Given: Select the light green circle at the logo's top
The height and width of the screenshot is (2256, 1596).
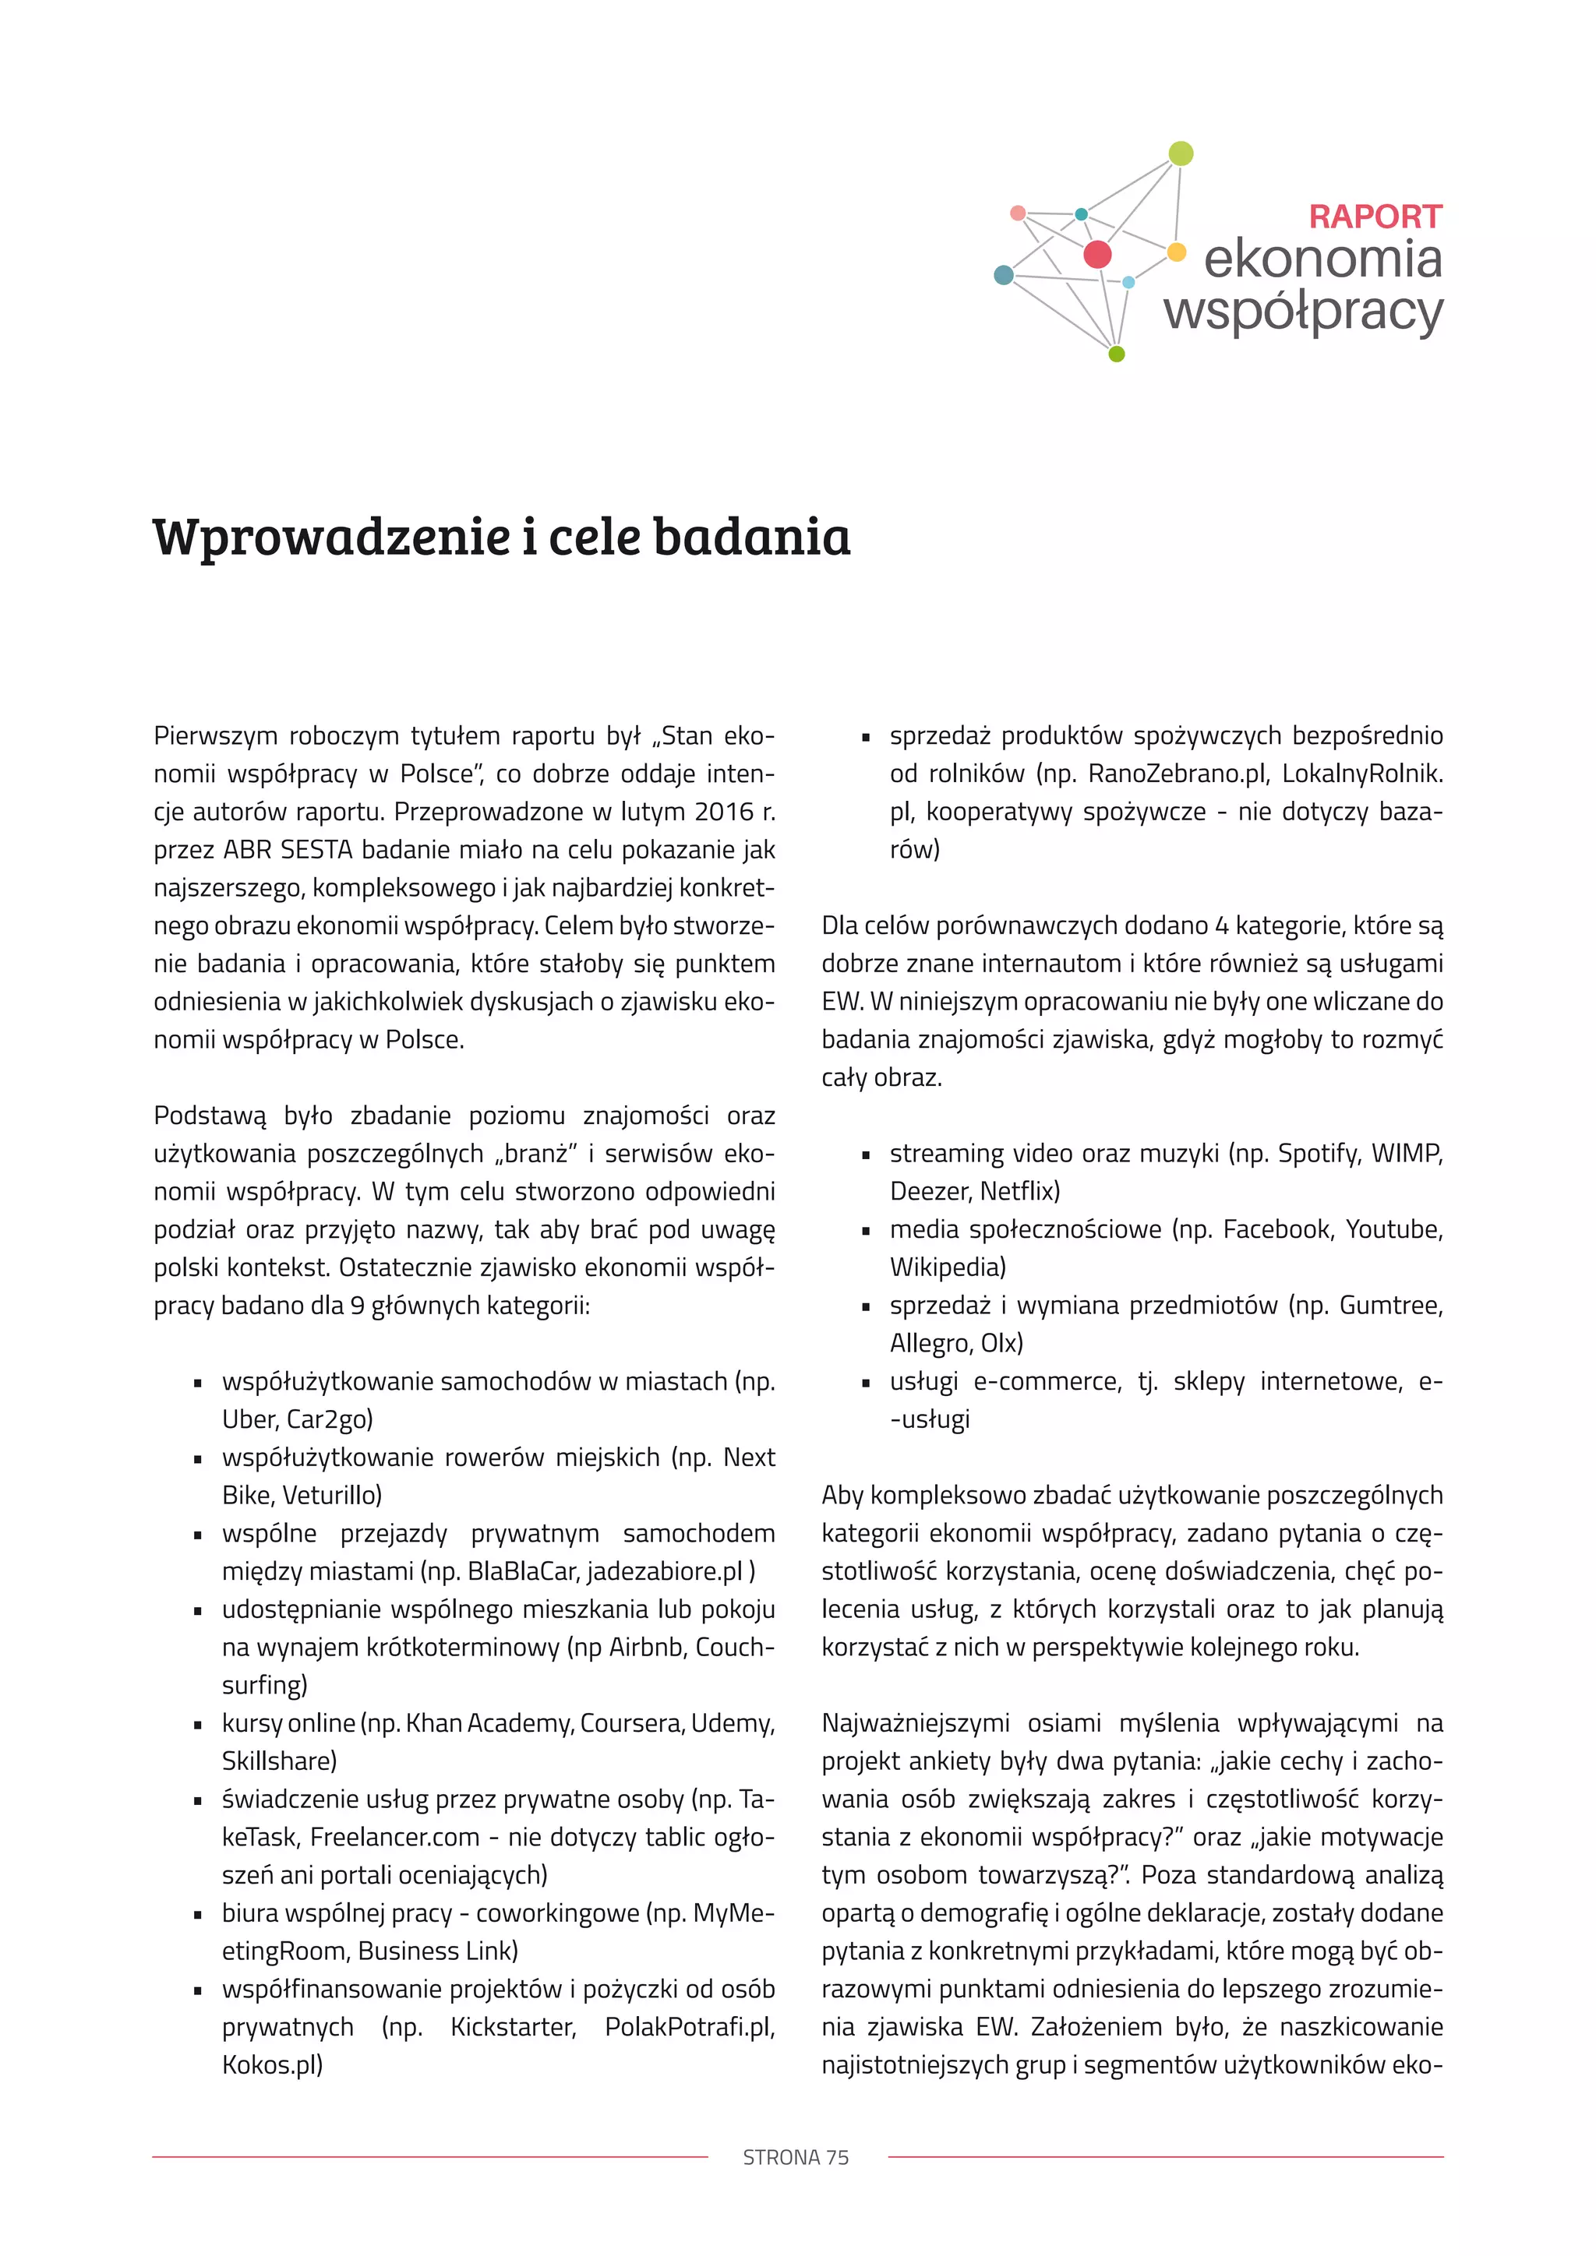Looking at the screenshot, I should pyautogui.click(x=1181, y=153).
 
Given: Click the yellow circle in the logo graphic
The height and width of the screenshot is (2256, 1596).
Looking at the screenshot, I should pyautogui.click(x=1177, y=252).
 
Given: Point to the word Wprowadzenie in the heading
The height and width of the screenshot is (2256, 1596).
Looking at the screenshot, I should pyautogui.click(x=331, y=538).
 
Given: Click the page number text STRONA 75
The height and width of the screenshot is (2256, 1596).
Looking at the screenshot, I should pyautogui.click(x=796, y=2157).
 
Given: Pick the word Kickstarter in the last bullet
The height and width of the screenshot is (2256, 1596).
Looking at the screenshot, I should pyautogui.click(x=512, y=2027).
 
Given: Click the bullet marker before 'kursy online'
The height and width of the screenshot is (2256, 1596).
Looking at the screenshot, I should pyautogui.click(x=199, y=1725).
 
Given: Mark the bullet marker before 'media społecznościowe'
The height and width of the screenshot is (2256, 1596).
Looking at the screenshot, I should pyautogui.click(x=866, y=1231).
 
